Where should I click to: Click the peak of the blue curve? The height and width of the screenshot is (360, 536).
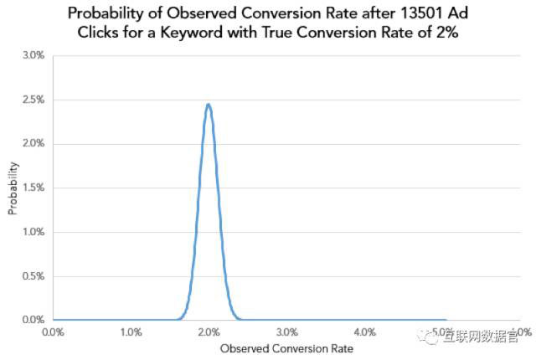(x=208, y=105)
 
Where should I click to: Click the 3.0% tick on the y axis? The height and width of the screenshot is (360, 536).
(x=33, y=56)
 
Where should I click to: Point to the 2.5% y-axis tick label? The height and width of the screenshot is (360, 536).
(x=33, y=100)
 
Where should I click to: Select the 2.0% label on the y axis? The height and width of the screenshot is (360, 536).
(x=33, y=144)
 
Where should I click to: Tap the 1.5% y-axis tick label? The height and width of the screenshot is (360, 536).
(x=33, y=188)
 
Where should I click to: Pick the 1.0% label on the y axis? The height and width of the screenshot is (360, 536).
(x=33, y=232)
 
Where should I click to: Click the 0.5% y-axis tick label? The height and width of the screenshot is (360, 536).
(x=33, y=276)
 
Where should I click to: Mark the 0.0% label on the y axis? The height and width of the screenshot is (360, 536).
(x=33, y=320)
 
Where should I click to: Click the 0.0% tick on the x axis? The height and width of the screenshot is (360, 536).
(x=53, y=332)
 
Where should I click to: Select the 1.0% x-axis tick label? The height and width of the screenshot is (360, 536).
(x=131, y=332)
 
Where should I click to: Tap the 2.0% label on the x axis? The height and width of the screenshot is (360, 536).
(x=209, y=332)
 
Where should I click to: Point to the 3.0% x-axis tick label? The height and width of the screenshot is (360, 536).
(x=287, y=332)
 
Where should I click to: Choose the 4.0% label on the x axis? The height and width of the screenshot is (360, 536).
(x=366, y=332)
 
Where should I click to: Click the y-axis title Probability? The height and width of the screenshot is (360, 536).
(x=13, y=189)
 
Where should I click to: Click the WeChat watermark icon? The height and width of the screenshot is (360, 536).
(x=431, y=335)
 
